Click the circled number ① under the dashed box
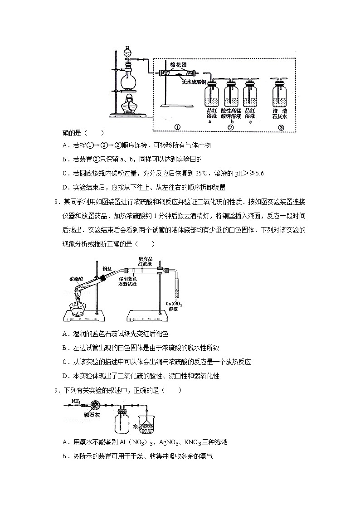[x=177, y=127]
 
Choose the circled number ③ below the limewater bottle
[x=281, y=127]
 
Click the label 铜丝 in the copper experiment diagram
[x=107, y=268]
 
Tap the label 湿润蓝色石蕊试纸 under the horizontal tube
[x=131, y=282]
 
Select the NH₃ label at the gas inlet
[x=76, y=401]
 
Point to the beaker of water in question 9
[x=147, y=426]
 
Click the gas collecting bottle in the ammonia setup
[x=122, y=422]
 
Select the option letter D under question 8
[x=65, y=375]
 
